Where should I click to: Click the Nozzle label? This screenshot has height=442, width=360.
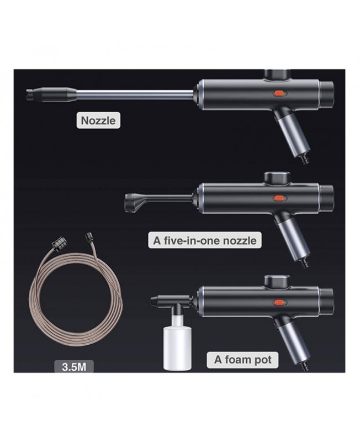pos(98,120)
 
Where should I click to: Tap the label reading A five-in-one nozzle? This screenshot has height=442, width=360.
pos(205,240)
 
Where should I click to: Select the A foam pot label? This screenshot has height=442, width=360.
pos(243,360)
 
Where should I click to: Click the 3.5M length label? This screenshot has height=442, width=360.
pos(74,367)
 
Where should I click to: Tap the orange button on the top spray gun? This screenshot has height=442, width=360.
pos(279,93)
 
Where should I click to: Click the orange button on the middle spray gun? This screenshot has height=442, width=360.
pos(279,198)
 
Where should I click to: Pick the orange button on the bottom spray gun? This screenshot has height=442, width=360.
pos(279,302)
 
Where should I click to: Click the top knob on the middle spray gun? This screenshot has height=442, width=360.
pos(278,177)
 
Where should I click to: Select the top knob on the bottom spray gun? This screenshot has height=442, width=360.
pos(278,281)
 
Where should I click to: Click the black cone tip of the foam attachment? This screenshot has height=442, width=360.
pos(156,301)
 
